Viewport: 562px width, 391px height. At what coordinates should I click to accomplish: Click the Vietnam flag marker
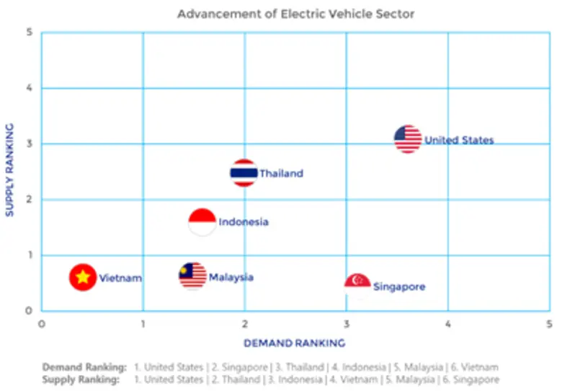click(83, 277)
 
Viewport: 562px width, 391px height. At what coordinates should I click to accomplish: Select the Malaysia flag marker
click(192, 276)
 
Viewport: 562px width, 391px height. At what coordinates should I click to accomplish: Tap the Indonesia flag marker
click(202, 222)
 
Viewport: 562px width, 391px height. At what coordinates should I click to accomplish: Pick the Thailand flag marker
click(244, 173)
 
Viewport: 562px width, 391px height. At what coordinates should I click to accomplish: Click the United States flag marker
click(408, 139)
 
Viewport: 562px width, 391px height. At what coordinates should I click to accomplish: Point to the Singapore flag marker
click(357, 285)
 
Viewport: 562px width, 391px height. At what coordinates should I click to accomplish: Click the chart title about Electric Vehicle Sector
click(296, 14)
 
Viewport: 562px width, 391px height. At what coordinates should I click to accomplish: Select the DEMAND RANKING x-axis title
click(295, 343)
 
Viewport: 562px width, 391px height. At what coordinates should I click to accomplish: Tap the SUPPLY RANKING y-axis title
click(10, 170)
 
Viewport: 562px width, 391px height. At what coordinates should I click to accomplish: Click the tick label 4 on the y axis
click(30, 88)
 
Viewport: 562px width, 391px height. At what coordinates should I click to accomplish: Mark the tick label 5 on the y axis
click(30, 32)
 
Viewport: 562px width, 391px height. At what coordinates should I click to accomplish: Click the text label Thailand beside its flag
click(281, 173)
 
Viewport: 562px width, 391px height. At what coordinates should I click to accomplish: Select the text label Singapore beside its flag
click(399, 286)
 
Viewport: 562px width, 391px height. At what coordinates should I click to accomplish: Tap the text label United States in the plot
click(459, 140)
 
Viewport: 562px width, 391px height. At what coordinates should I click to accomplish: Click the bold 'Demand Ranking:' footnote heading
click(84, 367)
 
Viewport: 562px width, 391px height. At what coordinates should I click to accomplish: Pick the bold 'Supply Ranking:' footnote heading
click(81, 379)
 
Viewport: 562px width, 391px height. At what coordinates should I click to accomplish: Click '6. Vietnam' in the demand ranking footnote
click(473, 367)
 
